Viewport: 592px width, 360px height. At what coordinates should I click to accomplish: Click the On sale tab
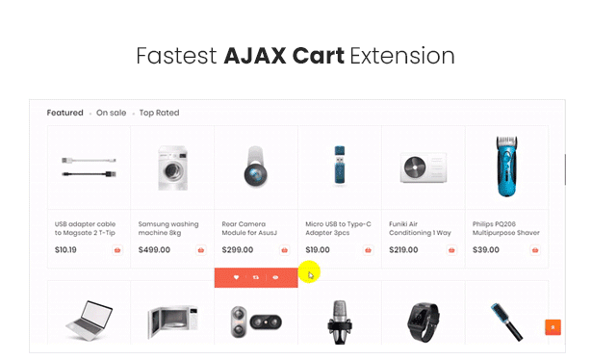point(111,113)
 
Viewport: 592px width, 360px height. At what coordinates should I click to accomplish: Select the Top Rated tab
point(159,113)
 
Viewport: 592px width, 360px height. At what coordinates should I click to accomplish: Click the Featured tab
point(64,113)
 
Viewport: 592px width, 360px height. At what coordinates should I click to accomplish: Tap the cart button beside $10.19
point(117,250)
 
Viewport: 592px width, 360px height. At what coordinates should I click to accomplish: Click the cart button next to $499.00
point(201,250)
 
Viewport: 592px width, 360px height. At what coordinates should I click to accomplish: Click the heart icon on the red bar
point(236,277)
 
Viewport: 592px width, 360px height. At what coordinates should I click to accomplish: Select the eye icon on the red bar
point(275,277)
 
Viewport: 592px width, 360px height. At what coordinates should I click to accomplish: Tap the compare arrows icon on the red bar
point(256,277)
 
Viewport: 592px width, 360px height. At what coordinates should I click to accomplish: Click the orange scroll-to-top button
point(553,327)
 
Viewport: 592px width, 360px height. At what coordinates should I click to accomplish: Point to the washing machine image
point(172,167)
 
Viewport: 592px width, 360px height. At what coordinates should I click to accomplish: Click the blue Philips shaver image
point(506,167)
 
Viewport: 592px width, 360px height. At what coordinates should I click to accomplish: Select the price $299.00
point(238,250)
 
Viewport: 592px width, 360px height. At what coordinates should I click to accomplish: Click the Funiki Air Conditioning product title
point(420,228)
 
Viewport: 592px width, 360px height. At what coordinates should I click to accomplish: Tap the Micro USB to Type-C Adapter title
point(338,228)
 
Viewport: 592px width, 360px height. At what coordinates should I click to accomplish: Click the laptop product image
point(90,321)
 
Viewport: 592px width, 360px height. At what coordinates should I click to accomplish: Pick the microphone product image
point(340,321)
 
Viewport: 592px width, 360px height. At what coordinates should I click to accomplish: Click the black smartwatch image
point(423,321)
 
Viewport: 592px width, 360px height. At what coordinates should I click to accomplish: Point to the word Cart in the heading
point(318,56)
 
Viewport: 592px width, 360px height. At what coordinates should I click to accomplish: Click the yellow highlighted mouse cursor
point(309,272)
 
